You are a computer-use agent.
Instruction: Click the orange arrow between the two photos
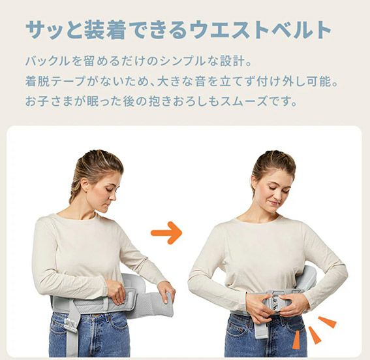point(166,233)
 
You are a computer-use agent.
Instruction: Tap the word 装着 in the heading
point(104,30)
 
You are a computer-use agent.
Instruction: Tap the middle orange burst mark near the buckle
point(315,335)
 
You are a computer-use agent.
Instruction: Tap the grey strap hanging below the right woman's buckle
point(261,329)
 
